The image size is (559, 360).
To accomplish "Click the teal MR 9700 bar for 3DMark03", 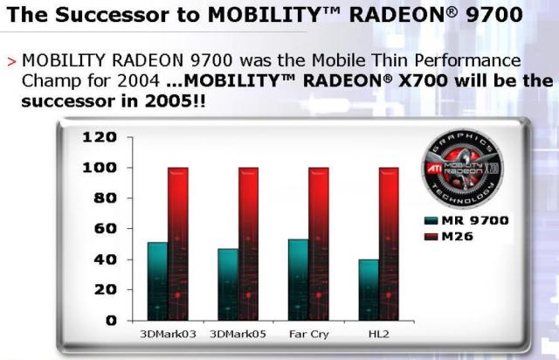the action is pos(157,281).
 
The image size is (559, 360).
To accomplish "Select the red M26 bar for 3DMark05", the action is pos(248,244).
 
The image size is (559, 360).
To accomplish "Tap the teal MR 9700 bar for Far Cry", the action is pos(299,280).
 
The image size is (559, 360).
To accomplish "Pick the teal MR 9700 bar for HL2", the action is pos(369,290).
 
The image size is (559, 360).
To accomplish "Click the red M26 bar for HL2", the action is pos(389,244).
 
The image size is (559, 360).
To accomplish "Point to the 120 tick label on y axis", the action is pos(100,137).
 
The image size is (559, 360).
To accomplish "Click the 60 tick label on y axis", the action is pos(105,228).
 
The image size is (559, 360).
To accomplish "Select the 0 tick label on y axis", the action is pos(111,321).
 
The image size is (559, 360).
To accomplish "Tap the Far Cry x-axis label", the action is pos(308,335).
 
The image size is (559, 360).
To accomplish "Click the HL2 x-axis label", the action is pos(378,335).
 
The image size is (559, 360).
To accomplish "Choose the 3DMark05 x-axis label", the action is pos(238,335).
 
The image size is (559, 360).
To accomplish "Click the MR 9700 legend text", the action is pos(475,220).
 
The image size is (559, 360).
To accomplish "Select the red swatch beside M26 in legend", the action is pos(431,237).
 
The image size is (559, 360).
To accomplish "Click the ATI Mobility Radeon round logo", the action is pos(462,168).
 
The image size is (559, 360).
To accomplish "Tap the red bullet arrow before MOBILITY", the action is pos(11,62).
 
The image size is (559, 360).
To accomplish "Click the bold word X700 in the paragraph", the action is pos(423,80).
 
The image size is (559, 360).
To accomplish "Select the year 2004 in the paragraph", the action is pos(138,81).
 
